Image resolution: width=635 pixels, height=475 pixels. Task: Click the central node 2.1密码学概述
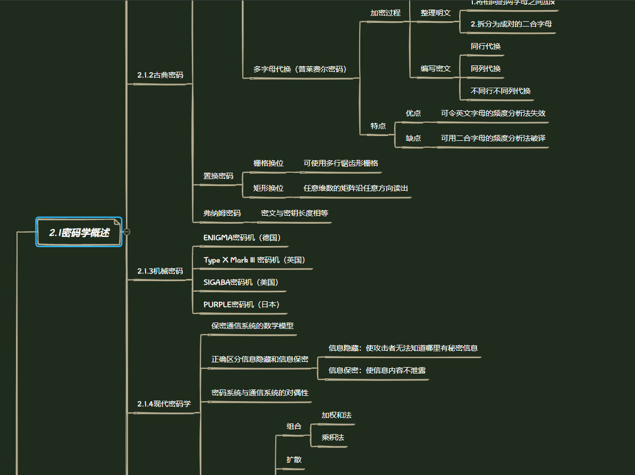(79, 232)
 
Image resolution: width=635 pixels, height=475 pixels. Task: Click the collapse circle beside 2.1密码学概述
(126, 232)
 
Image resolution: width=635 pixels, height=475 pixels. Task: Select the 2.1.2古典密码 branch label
(160, 75)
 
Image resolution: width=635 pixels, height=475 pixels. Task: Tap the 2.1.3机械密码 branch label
(160, 272)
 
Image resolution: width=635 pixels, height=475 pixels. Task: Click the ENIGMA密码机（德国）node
(242, 237)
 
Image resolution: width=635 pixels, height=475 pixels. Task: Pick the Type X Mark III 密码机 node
(255, 260)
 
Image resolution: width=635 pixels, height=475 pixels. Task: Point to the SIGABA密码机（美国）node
(241, 282)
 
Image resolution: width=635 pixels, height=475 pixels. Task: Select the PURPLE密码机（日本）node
(242, 304)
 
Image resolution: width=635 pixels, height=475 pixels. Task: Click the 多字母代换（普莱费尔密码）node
(300, 69)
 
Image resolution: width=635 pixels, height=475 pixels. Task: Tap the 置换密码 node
(218, 176)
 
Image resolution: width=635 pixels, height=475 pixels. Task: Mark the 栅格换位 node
(268, 163)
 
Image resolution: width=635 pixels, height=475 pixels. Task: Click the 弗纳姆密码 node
(222, 213)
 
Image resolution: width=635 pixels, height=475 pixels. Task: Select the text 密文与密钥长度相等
(294, 213)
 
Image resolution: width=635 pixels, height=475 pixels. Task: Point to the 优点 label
(413, 113)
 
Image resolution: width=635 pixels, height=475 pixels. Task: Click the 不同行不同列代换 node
(501, 91)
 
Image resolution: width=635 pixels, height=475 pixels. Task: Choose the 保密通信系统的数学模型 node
(252, 326)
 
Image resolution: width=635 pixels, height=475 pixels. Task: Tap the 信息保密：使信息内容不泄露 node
(377, 370)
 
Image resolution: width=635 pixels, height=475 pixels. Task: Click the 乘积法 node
(333, 438)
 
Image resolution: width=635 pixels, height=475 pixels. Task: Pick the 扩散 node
(294, 459)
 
